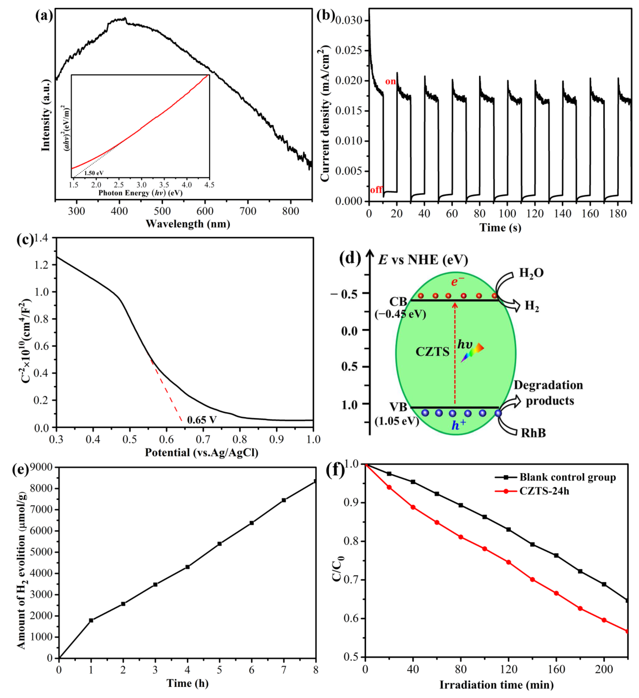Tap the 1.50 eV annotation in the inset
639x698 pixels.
(94, 173)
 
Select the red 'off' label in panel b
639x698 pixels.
(376, 190)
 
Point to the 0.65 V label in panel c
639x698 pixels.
(202, 420)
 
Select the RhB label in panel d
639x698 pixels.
(533, 433)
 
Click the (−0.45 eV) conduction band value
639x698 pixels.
(400, 314)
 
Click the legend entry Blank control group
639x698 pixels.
(567, 478)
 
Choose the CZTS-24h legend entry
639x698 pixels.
(544, 491)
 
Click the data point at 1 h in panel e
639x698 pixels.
(91, 620)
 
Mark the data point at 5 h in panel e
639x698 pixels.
(219, 544)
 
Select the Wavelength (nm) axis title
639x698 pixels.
(188, 224)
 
